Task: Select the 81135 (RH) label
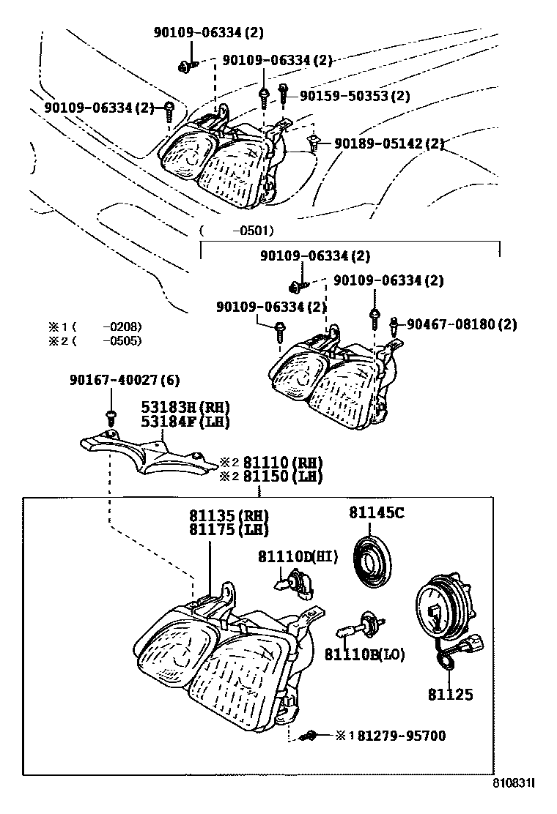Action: pyautogui.click(x=227, y=515)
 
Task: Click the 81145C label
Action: pyautogui.click(x=376, y=513)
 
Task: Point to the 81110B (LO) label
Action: pyautogui.click(x=364, y=654)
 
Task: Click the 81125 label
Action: pyautogui.click(x=451, y=695)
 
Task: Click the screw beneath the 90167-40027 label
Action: pyautogui.click(x=111, y=417)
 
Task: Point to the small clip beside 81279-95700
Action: pyautogui.click(x=311, y=736)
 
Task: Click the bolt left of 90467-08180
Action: pyautogui.click(x=394, y=325)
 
